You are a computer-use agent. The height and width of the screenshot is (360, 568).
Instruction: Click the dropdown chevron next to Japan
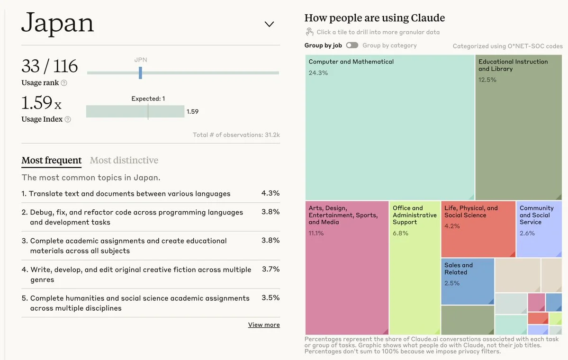click(x=269, y=24)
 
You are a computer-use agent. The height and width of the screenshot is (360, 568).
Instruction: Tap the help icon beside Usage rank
click(x=64, y=83)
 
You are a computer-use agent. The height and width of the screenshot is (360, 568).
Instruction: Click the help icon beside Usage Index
click(x=68, y=119)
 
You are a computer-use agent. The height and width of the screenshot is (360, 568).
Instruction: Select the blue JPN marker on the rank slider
click(x=140, y=72)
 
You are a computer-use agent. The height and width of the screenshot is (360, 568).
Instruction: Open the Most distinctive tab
click(x=124, y=161)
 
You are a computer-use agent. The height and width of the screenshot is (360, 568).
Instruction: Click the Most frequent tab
click(x=52, y=161)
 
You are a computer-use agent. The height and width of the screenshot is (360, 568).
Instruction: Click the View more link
click(x=264, y=325)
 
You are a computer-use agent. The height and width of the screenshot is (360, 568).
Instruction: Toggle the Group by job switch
click(x=352, y=45)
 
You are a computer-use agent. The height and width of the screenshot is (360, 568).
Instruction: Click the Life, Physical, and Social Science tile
click(x=478, y=229)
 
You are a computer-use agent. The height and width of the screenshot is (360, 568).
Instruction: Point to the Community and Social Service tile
click(x=539, y=229)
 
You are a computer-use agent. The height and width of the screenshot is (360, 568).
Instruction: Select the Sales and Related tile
click(x=467, y=281)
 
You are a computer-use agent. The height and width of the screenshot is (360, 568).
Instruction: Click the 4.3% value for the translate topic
click(x=270, y=193)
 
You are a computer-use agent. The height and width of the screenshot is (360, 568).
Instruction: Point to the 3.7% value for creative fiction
click(x=270, y=269)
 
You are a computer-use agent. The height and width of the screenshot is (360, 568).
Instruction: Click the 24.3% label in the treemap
click(x=318, y=73)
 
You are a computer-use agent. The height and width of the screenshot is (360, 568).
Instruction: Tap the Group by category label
click(x=389, y=45)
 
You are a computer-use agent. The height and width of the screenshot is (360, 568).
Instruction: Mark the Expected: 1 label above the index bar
click(x=148, y=99)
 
